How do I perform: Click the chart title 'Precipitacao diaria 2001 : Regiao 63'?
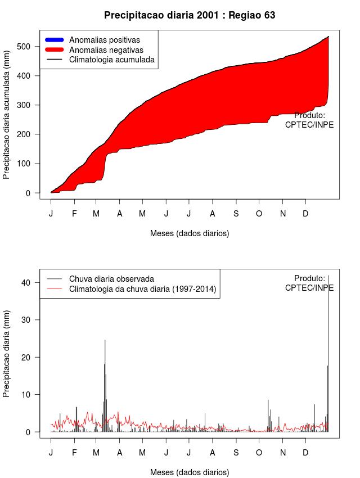point(190,15)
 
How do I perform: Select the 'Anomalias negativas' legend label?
point(106,50)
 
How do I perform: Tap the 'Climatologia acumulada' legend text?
point(111,60)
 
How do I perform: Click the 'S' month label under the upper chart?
point(236,214)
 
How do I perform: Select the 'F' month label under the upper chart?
point(74,214)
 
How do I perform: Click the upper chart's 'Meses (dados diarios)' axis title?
point(190,233)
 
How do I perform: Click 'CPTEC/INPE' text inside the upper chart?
point(309,125)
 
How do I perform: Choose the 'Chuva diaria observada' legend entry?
point(111,279)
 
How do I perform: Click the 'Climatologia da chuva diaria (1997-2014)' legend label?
point(142,289)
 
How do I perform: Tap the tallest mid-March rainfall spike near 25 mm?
point(105,341)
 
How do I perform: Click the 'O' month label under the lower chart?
point(259,453)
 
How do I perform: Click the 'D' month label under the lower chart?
point(305,453)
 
